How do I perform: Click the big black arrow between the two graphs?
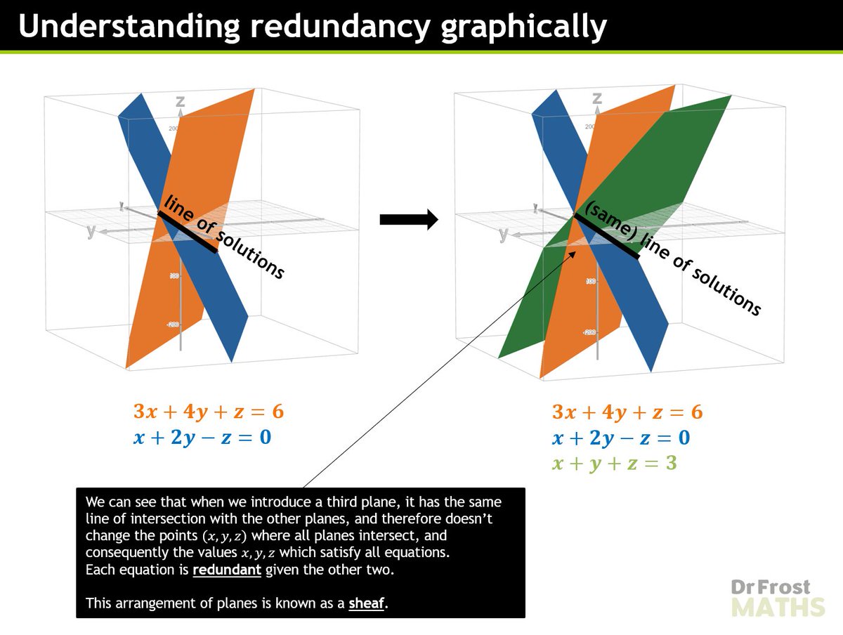pyautogui.click(x=408, y=220)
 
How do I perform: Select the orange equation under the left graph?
pyautogui.click(x=209, y=412)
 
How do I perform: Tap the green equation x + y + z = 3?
pyautogui.click(x=614, y=464)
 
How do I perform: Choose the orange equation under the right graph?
pyautogui.click(x=627, y=412)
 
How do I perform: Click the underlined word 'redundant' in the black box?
pyautogui.click(x=227, y=570)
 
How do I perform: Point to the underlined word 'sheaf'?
pyautogui.click(x=367, y=603)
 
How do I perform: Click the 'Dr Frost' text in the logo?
pyautogui.click(x=769, y=587)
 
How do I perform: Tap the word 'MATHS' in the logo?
pyautogui.click(x=777, y=606)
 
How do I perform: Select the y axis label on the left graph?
pyautogui.click(x=91, y=230)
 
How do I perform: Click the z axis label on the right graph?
pyautogui.click(x=597, y=98)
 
